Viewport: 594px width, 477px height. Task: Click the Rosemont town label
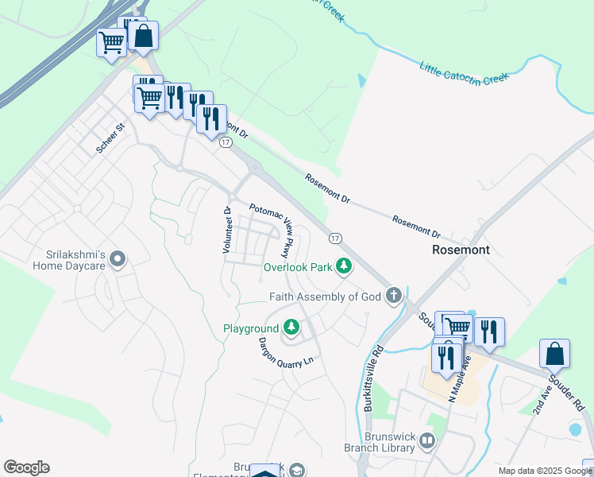[x=461, y=250]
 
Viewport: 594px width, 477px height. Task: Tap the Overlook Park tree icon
[x=344, y=266]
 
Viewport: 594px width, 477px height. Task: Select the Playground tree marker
[x=292, y=328]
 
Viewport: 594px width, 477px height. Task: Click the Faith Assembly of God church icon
[x=393, y=297]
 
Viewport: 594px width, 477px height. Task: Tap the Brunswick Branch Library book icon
[x=427, y=440]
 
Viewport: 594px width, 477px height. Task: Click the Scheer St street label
[x=110, y=139]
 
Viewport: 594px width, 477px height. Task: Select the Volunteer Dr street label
[x=227, y=231]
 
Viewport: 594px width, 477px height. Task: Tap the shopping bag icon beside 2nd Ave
[x=554, y=352]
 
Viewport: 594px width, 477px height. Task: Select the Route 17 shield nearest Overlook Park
[x=335, y=238]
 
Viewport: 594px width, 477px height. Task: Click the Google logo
[x=26, y=467]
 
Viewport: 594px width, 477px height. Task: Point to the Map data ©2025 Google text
[x=544, y=471]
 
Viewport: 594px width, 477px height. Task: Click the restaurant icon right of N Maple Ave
[x=489, y=331]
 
